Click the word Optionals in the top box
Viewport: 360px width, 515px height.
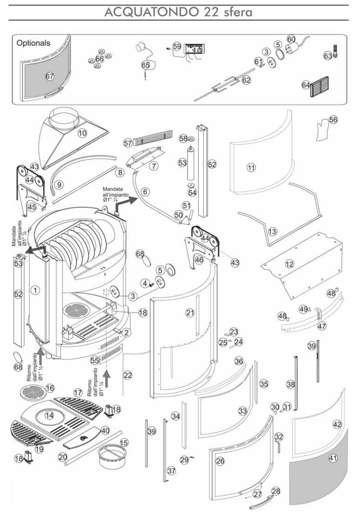[x=33, y=43]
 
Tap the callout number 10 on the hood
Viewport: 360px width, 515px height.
[x=82, y=133]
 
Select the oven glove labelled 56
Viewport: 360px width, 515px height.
[x=322, y=130]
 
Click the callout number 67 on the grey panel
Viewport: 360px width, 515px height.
[x=50, y=77]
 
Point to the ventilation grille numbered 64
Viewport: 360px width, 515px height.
[x=320, y=87]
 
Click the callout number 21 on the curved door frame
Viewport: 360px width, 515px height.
[x=190, y=313]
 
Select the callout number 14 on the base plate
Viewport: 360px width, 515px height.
[x=49, y=415]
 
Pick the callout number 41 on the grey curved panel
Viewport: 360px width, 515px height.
[x=333, y=457]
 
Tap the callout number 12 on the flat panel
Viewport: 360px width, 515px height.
[x=289, y=264]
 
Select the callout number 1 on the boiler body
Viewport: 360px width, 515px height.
[x=35, y=290]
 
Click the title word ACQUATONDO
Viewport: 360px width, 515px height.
[x=152, y=12]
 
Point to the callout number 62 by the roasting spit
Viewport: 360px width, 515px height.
[x=246, y=80]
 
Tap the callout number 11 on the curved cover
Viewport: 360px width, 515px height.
[x=251, y=168]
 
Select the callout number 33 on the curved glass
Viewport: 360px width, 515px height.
[x=242, y=411]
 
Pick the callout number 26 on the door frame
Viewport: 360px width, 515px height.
[x=220, y=461]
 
